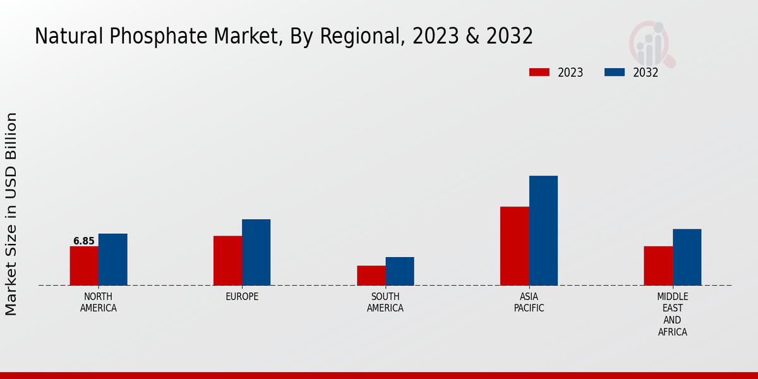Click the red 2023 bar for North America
[x=84, y=266]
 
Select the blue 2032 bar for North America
[x=112, y=260]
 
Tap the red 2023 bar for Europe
[x=227, y=261]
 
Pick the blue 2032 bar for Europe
[x=256, y=253]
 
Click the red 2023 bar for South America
[x=371, y=275]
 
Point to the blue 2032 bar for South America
[x=400, y=271]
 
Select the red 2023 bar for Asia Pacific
[x=514, y=246]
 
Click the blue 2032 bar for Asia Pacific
[x=543, y=231]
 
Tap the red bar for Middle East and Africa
[x=658, y=266]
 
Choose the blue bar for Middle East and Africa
[x=687, y=257]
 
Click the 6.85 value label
[x=84, y=241]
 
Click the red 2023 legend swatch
[x=539, y=72]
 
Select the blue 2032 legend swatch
[x=615, y=72]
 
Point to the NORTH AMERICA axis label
[x=99, y=303]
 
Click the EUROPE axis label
[x=242, y=297]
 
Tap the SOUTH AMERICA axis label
[x=385, y=303]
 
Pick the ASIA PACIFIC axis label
[x=529, y=303]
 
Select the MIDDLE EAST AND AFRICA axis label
[x=673, y=314]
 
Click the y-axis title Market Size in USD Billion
[x=11, y=214]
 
